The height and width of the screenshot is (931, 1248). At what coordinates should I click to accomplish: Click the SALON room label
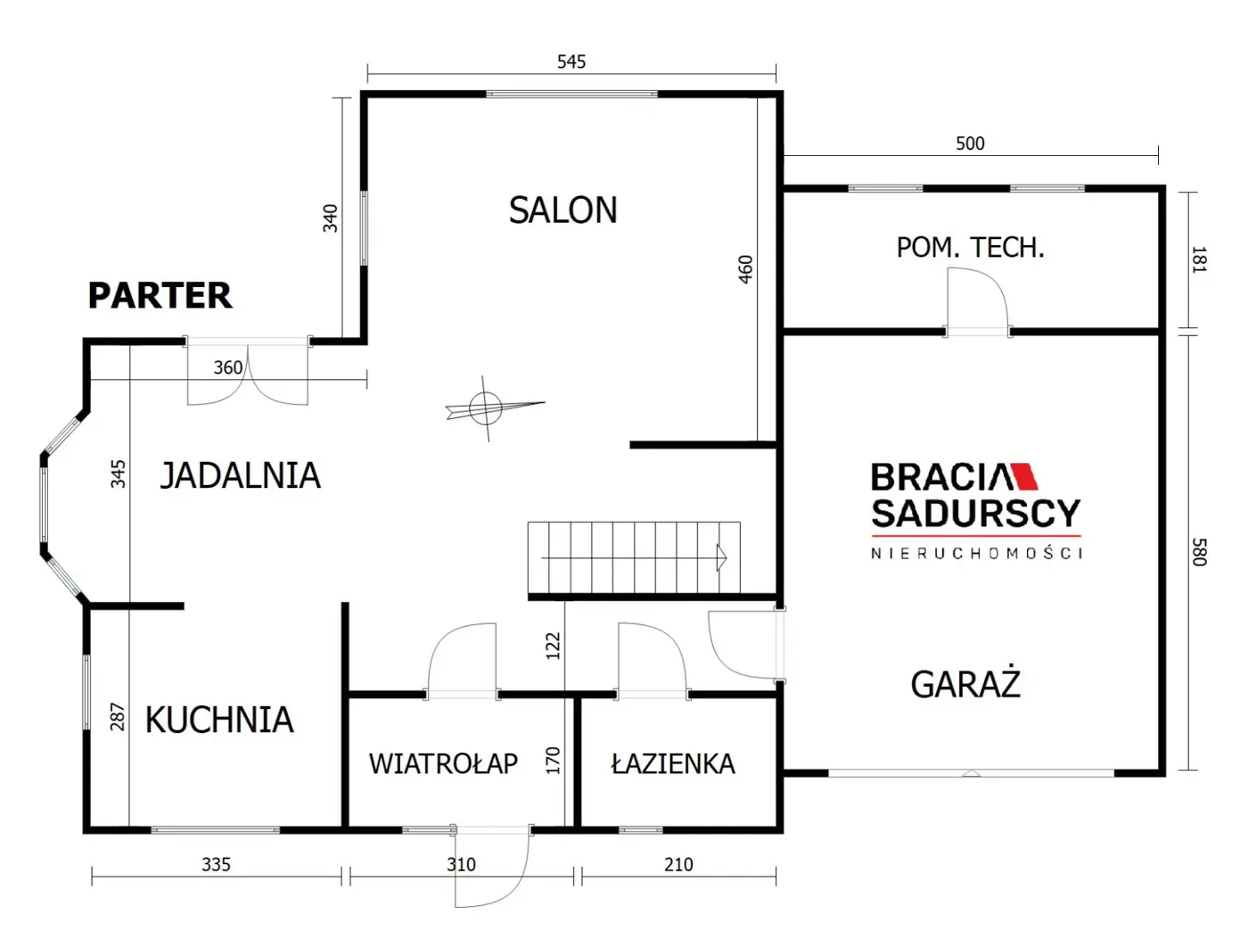(562, 210)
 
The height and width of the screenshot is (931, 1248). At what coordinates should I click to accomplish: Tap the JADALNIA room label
(241, 475)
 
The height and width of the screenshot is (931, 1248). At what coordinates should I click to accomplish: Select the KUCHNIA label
(219, 720)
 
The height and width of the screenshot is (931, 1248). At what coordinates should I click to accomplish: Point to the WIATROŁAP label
(443, 763)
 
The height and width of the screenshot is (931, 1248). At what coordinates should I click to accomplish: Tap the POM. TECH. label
(971, 247)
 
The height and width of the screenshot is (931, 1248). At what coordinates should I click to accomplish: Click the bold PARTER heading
(160, 295)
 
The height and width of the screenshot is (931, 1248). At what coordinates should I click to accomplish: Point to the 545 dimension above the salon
(571, 62)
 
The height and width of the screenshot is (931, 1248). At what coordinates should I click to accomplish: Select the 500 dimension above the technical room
(970, 144)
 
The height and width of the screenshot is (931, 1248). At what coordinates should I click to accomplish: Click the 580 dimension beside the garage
(1199, 552)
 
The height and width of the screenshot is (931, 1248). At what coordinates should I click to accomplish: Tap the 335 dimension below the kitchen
(216, 864)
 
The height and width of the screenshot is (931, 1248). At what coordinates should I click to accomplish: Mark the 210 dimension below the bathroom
(678, 864)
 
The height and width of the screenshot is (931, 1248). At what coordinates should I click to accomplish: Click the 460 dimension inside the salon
(745, 269)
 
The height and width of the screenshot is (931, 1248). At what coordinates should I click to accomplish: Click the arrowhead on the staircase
(722, 557)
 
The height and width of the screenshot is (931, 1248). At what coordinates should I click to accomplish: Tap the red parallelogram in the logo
(1023, 476)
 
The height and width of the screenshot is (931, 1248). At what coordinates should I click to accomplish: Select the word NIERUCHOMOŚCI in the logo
(976, 554)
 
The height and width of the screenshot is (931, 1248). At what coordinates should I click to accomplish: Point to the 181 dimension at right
(1199, 260)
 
